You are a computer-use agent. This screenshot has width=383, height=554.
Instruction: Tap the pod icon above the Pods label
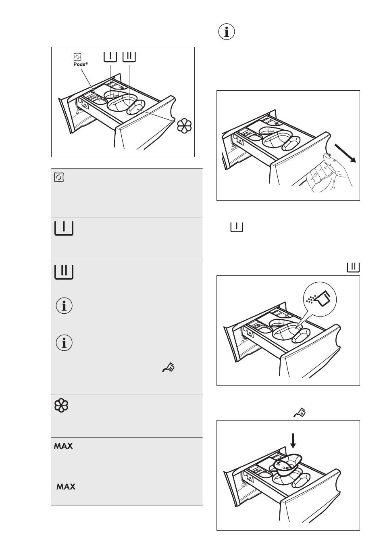click(78, 57)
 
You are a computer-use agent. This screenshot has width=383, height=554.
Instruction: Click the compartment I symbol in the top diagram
click(110, 56)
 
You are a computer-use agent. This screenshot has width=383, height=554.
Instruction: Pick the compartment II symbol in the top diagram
click(129, 56)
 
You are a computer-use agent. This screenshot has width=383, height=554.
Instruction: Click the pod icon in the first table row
click(59, 177)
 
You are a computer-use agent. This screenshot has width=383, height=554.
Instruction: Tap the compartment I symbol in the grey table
click(64, 228)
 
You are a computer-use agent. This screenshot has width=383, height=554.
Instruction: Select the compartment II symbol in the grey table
click(64, 272)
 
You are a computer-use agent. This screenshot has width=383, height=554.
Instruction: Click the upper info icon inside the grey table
click(64, 306)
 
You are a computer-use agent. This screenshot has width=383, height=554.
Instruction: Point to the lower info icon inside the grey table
click(64, 343)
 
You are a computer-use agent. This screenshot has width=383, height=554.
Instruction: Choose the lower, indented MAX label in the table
click(66, 487)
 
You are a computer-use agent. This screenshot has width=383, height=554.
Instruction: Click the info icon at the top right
click(227, 32)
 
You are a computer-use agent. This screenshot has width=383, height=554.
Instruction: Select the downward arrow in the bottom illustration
click(293, 440)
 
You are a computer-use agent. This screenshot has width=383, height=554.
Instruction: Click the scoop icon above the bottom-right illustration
click(300, 412)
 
